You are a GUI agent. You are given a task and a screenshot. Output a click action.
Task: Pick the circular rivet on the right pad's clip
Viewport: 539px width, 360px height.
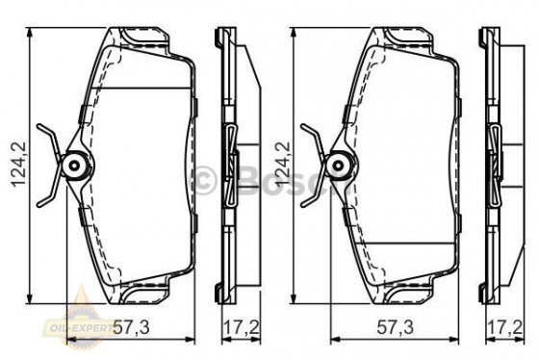pos(339,167)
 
